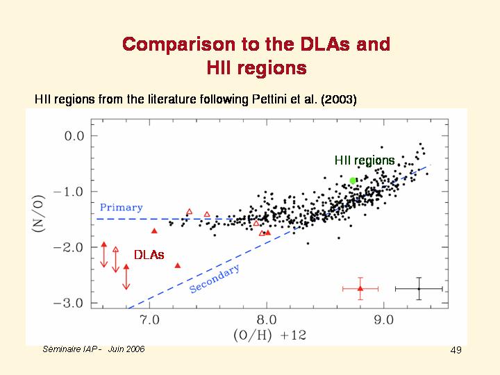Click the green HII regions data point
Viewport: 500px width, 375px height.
(x=353, y=181)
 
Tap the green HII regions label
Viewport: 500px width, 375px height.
(x=365, y=160)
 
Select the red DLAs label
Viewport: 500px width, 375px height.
(x=149, y=255)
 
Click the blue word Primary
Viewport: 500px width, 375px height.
(x=121, y=208)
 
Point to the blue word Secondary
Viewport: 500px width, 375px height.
(x=215, y=278)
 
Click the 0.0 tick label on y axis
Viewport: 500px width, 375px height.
(x=74, y=135)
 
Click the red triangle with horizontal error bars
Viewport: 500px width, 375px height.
(x=360, y=288)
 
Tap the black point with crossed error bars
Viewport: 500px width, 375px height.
(x=419, y=288)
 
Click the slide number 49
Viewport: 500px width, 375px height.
(x=456, y=350)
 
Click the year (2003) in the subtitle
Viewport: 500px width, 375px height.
(x=339, y=99)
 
